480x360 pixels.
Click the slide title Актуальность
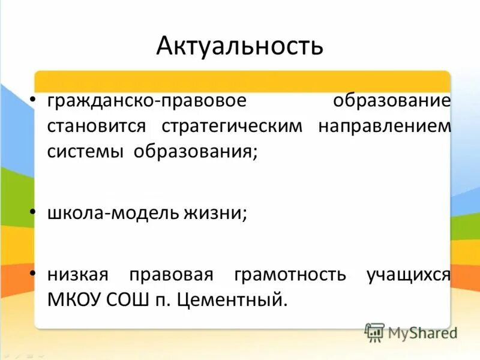pos(239,46)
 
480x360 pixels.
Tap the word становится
pos(97,127)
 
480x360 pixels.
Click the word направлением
pos(385,127)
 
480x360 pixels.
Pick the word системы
pos(86,152)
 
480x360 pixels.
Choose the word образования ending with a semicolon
pos(196,152)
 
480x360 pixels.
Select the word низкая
pos(77,275)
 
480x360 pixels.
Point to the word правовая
pos(170,275)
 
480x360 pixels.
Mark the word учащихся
pos(408,275)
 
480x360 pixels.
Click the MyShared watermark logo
pos(411,332)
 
